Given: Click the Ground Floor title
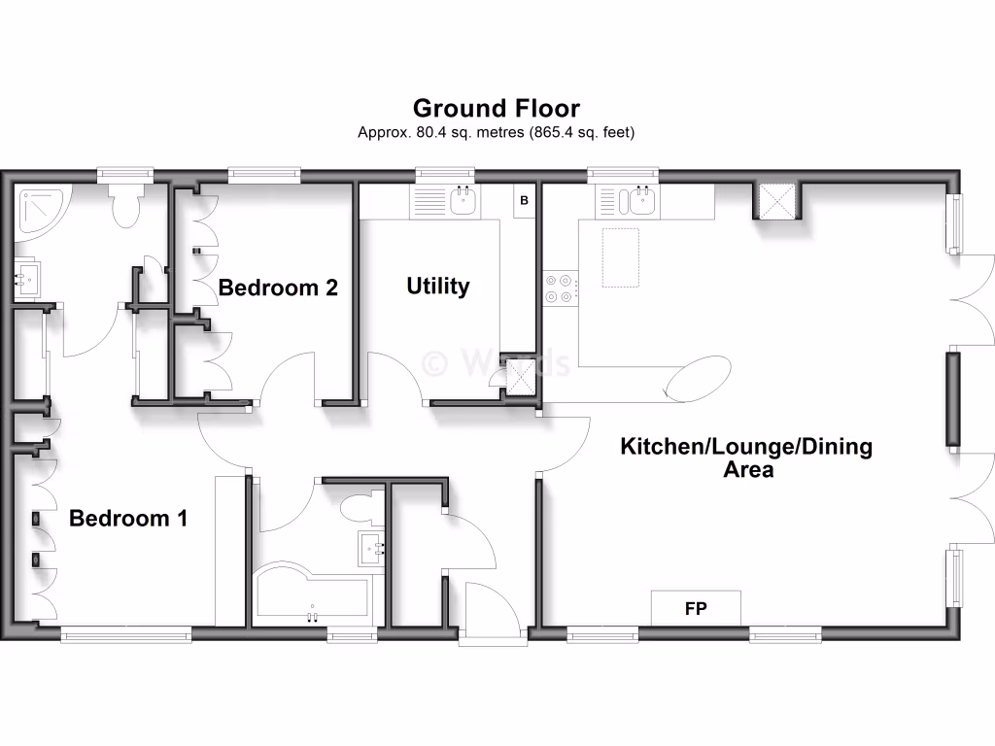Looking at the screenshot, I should click(x=497, y=108).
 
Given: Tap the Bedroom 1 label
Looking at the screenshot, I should click(x=128, y=519).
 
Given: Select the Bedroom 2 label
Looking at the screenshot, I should click(x=278, y=288).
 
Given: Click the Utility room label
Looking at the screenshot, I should click(x=438, y=286).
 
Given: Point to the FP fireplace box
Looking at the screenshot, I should click(x=696, y=609).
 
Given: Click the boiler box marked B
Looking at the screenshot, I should click(x=524, y=201).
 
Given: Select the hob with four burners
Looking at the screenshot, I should click(x=559, y=287).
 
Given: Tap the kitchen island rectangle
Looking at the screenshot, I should click(x=621, y=257).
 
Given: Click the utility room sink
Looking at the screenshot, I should click(x=463, y=202).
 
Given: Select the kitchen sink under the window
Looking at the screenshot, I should click(x=641, y=202).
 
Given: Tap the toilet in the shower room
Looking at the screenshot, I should click(x=126, y=204).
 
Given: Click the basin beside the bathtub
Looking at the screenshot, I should click(x=371, y=548).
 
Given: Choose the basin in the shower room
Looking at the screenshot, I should click(x=26, y=280).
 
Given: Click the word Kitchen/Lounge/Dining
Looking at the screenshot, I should click(x=746, y=447).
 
